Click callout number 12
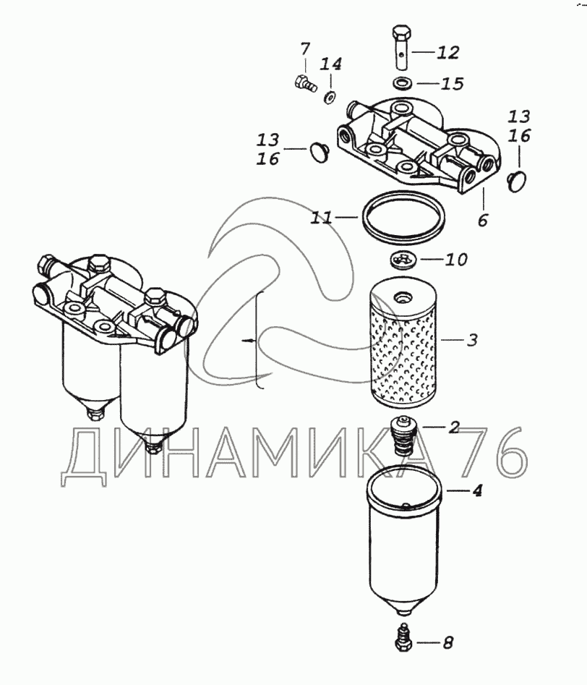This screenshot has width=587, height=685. click(447, 52)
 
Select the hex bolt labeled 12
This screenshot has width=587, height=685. click(402, 47)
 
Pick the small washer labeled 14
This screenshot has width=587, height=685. click(330, 96)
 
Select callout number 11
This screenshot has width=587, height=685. click(322, 217)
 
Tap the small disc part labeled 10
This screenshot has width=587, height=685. click(402, 259)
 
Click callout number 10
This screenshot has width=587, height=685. click(456, 260)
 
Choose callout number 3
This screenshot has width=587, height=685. click(471, 340)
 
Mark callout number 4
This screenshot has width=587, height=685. click(477, 490)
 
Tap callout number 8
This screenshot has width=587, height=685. click(448, 642)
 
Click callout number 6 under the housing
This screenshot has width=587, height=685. click(482, 220)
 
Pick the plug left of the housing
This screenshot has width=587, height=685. click(320, 151)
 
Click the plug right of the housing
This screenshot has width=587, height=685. click(518, 179)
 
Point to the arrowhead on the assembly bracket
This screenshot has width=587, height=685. click(249, 340)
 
